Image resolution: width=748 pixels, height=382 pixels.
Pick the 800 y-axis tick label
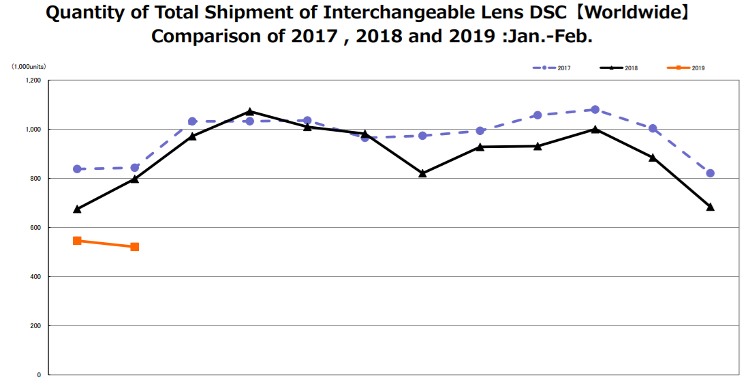coord(35,179)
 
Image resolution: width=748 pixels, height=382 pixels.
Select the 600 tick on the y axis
coord(35,228)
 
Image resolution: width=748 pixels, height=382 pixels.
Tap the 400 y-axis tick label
coord(35,277)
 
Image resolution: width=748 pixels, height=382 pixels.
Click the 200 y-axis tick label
coord(35,326)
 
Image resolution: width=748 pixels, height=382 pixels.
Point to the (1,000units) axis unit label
coord(28,67)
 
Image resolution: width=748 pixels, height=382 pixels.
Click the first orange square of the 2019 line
coord(77,241)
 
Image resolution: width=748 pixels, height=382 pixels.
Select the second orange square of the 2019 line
coord(135,247)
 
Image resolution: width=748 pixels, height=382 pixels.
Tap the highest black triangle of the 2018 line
coord(250,111)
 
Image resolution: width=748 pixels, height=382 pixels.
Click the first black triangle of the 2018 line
coord(77,209)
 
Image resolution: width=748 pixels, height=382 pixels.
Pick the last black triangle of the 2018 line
coord(711,207)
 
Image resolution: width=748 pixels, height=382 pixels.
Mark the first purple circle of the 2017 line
coord(77,169)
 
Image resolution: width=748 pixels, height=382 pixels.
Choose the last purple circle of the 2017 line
coord(711,173)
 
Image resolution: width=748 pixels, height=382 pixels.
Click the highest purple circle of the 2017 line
coord(595,109)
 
